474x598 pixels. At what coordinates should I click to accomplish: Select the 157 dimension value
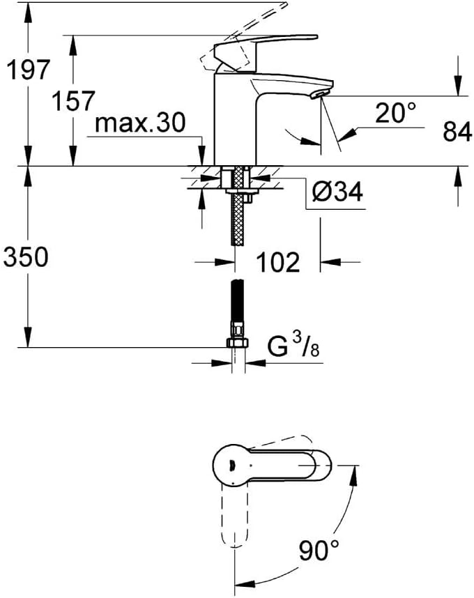click(73, 101)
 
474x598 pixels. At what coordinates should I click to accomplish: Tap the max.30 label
click(140, 123)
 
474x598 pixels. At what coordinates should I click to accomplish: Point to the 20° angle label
click(395, 113)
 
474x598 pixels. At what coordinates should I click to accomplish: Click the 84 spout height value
click(457, 132)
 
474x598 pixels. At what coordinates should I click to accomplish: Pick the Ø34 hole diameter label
click(337, 191)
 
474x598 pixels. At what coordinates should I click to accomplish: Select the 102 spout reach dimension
click(278, 262)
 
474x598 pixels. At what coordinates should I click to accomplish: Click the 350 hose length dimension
click(26, 256)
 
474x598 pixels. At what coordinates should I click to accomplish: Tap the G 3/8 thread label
click(293, 346)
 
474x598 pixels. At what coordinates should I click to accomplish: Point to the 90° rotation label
click(319, 550)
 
